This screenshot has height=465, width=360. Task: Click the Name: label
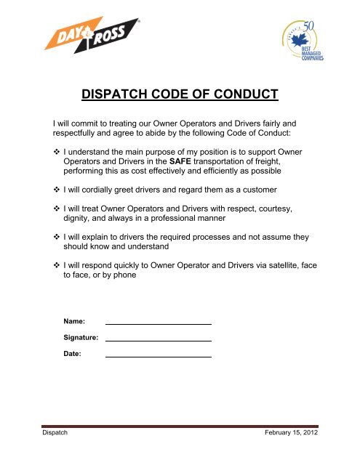[75, 320]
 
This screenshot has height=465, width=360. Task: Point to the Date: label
[73, 354]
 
